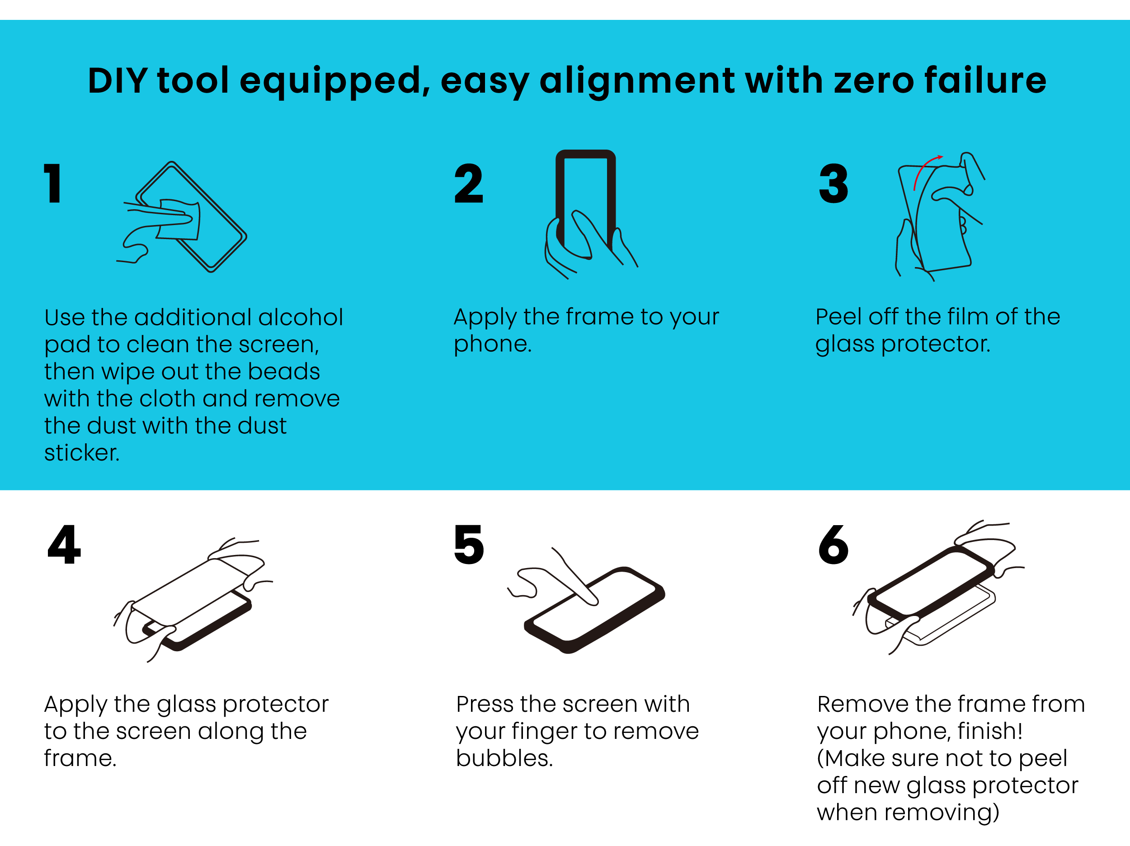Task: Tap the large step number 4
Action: (64, 544)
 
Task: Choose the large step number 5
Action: (469, 545)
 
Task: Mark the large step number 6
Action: (833, 545)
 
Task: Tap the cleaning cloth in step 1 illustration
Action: (179, 220)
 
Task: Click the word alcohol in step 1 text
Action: (301, 317)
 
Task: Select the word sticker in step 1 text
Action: (82, 453)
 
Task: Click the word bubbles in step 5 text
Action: (504, 758)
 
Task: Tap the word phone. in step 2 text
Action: (493, 345)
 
